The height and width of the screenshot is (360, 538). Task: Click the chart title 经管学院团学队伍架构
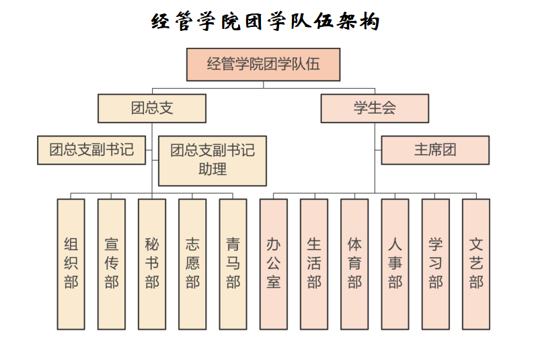click(265, 22)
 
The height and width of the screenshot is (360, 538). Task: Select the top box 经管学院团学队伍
click(263, 65)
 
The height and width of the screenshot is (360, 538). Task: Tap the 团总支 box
click(152, 108)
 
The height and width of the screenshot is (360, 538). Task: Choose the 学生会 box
click(375, 108)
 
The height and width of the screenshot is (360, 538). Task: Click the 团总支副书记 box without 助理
click(91, 150)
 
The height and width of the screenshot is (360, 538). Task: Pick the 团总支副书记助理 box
click(213, 161)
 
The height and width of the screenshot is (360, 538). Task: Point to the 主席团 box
click(435, 150)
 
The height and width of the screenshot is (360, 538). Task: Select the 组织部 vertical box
click(71, 264)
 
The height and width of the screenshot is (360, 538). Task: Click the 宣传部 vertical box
click(112, 264)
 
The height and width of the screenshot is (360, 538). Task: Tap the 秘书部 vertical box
click(152, 264)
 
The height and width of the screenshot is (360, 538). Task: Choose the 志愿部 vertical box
click(192, 264)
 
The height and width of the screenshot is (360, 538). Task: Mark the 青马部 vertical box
click(233, 264)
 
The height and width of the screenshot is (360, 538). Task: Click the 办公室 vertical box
click(274, 264)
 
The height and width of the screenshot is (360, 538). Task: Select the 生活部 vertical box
click(314, 264)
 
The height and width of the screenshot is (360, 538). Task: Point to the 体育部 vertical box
click(354, 264)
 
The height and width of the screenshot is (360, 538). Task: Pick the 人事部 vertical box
click(395, 264)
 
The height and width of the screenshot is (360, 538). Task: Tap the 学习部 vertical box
click(435, 264)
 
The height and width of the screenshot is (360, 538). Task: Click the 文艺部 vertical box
click(476, 264)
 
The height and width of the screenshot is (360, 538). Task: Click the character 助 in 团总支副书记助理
click(205, 169)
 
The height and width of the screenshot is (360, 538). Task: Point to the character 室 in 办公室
click(274, 282)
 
